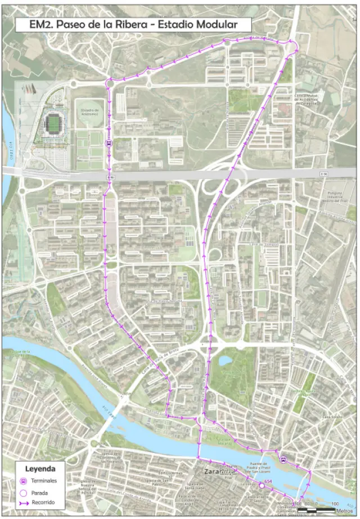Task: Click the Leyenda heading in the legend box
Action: click(40, 468)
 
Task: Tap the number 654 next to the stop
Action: click(268, 481)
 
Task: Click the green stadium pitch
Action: click(55, 121)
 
